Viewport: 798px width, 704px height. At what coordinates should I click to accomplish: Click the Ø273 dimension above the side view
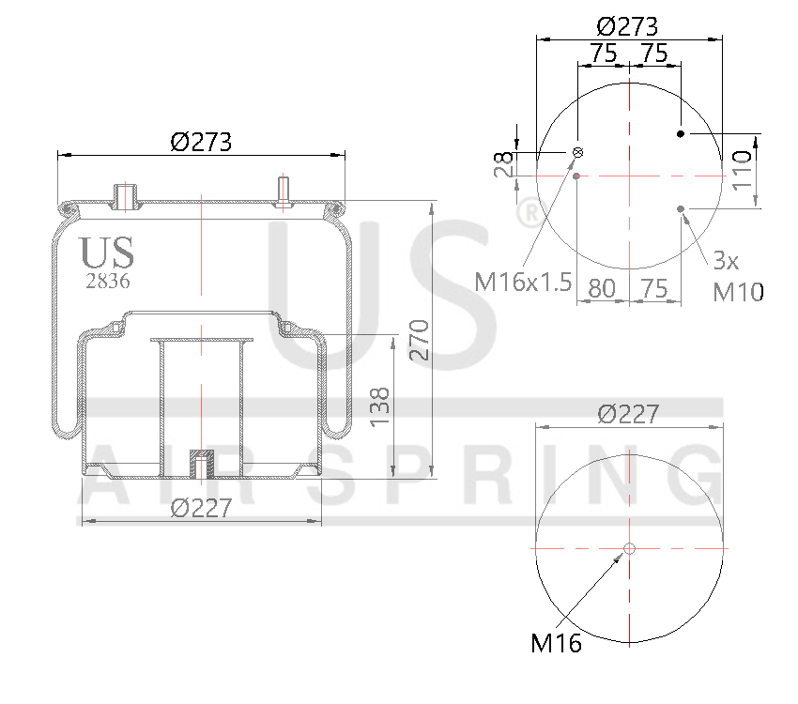(x=201, y=142)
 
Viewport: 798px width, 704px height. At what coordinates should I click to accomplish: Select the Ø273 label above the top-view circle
(x=627, y=25)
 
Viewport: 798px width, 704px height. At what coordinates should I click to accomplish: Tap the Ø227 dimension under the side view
(x=201, y=508)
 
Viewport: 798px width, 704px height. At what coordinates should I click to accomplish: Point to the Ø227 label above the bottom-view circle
(x=628, y=413)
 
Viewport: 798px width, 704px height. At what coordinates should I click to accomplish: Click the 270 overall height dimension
(x=420, y=340)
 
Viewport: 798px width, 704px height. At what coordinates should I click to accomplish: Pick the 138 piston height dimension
(x=379, y=406)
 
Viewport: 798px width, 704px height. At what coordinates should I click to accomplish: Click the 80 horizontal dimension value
(x=601, y=288)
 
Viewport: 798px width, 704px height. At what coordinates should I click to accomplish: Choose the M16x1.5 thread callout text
(x=523, y=282)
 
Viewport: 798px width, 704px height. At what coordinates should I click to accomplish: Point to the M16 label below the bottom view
(x=556, y=643)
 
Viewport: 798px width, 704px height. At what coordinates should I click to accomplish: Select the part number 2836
(x=107, y=280)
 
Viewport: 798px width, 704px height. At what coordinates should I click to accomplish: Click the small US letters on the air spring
(x=106, y=253)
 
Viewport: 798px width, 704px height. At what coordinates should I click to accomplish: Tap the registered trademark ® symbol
(x=528, y=214)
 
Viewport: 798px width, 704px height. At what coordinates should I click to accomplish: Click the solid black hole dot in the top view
(x=682, y=134)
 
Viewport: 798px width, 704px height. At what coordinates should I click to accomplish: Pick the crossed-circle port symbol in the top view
(x=578, y=153)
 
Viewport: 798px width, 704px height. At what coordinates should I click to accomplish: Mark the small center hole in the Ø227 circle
(x=629, y=548)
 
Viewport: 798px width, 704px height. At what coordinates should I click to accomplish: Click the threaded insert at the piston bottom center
(x=201, y=463)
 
